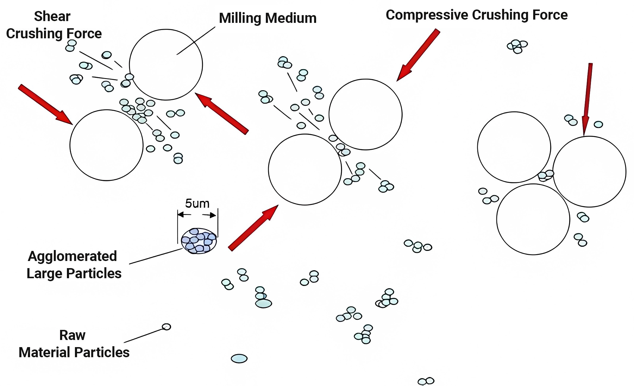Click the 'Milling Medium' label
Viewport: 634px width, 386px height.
(268, 18)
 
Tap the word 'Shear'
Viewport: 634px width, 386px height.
(52, 16)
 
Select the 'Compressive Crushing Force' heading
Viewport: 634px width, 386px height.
(477, 15)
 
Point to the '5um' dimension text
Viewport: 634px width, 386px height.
(197, 204)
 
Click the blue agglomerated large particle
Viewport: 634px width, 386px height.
(199, 241)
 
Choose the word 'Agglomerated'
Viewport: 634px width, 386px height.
(72, 257)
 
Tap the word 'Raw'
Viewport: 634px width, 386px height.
(72, 335)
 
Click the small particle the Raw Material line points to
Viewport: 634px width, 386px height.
(167, 327)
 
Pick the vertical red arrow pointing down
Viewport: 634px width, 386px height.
(587, 99)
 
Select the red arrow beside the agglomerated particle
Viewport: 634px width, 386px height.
(253, 228)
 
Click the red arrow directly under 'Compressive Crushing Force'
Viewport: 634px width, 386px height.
(418, 55)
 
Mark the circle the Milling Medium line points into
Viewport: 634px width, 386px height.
(166, 65)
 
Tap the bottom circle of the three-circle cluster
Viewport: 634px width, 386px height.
(533, 219)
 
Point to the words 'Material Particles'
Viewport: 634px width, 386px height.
(74, 352)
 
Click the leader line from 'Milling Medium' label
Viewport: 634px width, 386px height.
(196, 41)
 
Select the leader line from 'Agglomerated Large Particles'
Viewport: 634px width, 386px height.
(156, 256)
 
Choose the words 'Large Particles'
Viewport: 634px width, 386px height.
(74, 273)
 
